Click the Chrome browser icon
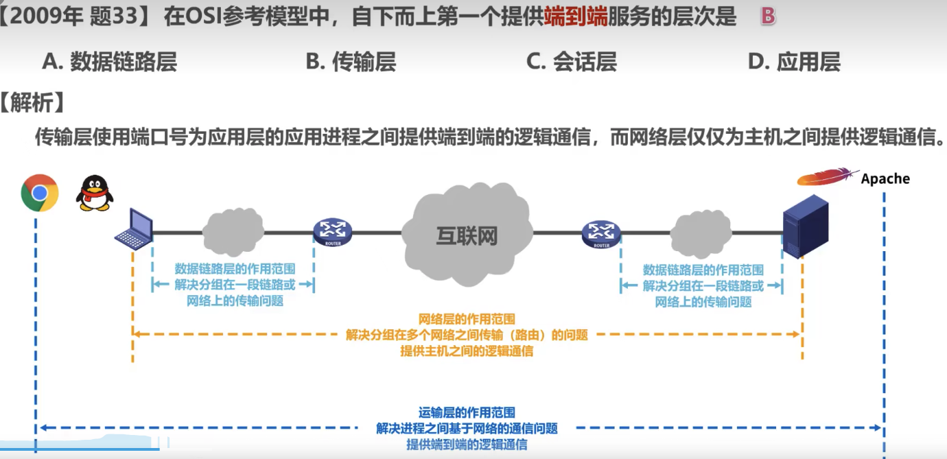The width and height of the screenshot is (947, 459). (40, 193)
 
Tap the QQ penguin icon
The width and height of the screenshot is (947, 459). (94, 193)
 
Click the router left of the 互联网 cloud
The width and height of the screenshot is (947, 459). (332, 233)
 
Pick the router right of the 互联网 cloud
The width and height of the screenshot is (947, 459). (600, 233)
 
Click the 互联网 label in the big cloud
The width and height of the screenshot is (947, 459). (467, 236)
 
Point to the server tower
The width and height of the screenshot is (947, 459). (805, 226)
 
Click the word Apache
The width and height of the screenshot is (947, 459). (885, 179)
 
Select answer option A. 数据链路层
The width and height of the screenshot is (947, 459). (110, 62)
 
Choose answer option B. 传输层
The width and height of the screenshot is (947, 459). (351, 62)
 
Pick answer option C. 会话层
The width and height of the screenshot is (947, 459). (572, 62)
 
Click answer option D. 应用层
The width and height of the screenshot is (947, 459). (794, 62)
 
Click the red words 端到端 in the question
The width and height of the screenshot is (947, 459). (576, 17)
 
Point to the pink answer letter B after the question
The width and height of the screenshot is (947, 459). (768, 17)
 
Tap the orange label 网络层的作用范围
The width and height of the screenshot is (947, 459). (467, 319)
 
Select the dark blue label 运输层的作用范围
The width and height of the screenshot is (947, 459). (467, 413)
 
